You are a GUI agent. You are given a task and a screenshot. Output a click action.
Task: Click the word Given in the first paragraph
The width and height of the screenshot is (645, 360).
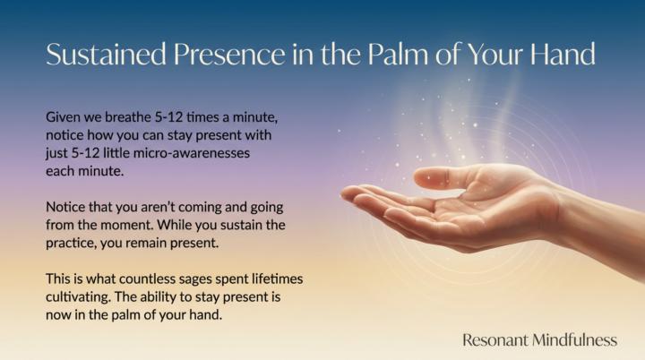pos(64,117)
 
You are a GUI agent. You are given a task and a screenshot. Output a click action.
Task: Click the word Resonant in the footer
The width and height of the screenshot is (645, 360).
pos(494,339)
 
